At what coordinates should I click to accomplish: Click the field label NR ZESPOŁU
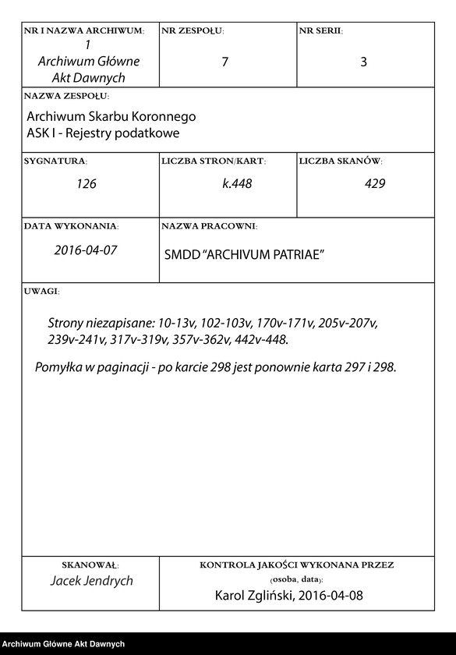click(193, 31)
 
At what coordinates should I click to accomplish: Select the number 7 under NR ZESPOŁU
click(224, 62)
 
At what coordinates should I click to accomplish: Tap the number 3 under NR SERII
click(363, 62)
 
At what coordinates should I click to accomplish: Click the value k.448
click(237, 185)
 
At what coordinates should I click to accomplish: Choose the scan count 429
click(374, 185)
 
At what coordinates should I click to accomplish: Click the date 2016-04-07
click(86, 251)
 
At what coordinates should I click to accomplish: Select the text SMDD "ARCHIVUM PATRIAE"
click(244, 255)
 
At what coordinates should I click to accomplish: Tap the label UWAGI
click(41, 290)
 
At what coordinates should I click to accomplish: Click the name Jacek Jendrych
click(91, 581)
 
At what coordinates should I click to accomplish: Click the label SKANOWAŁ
click(89, 564)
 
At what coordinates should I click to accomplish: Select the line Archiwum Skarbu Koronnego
click(111, 117)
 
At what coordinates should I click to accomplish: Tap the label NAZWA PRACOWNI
click(208, 226)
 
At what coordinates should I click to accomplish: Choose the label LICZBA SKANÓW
click(340, 161)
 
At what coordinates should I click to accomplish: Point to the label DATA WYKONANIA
click(71, 226)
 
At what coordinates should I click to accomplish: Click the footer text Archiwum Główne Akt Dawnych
click(64, 644)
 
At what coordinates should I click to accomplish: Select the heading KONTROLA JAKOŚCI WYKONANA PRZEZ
click(296, 564)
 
